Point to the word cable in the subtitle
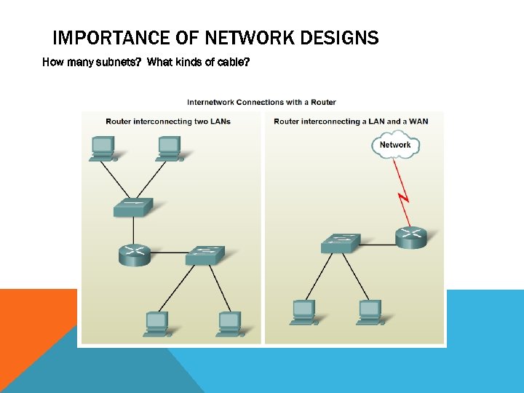231,63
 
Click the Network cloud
395,144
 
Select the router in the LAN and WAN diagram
411,237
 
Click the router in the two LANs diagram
134,253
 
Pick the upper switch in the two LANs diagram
133,207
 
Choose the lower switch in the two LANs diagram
205,254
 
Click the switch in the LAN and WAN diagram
340,243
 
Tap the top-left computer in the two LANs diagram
102,148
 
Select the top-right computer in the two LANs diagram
169,148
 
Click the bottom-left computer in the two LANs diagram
156,323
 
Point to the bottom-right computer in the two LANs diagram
229,323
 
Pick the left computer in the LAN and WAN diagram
303,311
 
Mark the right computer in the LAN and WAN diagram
370,311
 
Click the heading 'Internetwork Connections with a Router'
261,102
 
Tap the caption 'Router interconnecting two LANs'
168,121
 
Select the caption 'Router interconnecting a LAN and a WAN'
351,121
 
